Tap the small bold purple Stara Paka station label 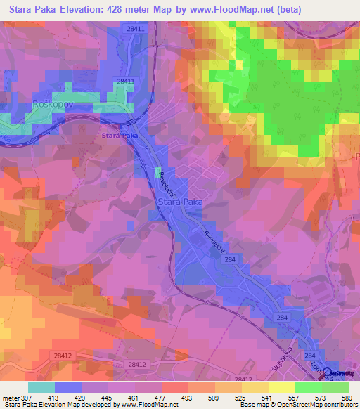[119, 135]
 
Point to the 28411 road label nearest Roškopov [126, 81]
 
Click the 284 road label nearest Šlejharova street [282, 318]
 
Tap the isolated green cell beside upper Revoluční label [157, 172]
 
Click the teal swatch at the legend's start [41, 387]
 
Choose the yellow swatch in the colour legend [282, 387]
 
